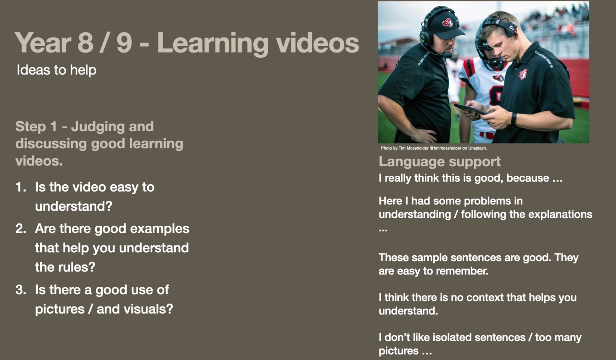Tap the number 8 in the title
[85, 43]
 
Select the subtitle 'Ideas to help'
[56, 70]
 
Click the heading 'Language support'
[440, 162]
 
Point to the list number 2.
[21, 229]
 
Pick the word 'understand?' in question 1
[74, 206]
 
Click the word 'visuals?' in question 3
[148, 309]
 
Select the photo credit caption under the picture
[434, 148]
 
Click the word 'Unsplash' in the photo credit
[477, 148]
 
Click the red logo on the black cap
[448, 23]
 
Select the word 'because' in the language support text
[528, 178]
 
